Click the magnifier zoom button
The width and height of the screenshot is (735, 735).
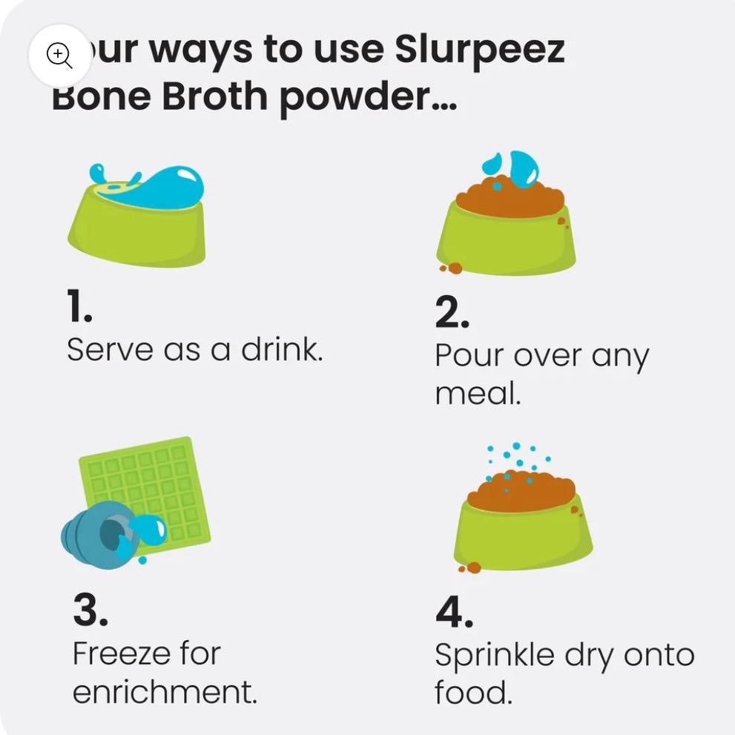click(59, 56)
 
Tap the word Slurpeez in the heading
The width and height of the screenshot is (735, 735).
click(479, 50)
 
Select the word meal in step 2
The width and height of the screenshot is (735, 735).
click(478, 393)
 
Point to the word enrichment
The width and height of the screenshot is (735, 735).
click(165, 692)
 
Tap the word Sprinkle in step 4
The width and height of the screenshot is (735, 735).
click(494, 656)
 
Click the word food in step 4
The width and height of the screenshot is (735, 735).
click(473, 692)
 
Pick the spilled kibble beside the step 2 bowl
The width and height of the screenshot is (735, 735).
click(451, 268)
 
